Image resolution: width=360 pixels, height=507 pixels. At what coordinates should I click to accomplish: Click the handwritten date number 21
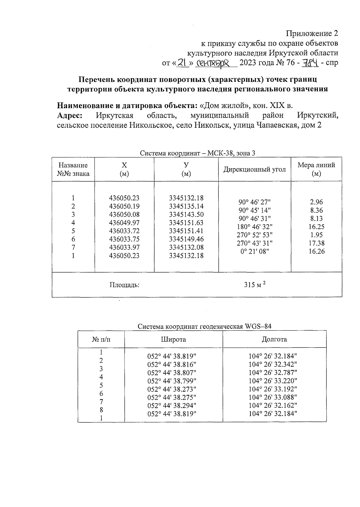pyautogui.click(x=182, y=62)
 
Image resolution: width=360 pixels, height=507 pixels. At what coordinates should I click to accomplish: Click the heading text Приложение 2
pyautogui.click(x=312, y=33)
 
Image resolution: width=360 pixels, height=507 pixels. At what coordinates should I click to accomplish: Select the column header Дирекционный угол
pyautogui.click(x=254, y=169)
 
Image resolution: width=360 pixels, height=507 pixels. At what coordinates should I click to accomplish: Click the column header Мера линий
pyautogui.click(x=316, y=169)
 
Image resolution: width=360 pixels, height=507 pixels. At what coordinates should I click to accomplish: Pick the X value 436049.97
pyautogui.click(x=124, y=223)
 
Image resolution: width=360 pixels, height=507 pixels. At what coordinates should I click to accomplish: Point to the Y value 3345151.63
pyautogui.click(x=186, y=223)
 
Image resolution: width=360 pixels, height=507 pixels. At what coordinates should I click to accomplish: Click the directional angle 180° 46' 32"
pyautogui.click(x=255, y=227)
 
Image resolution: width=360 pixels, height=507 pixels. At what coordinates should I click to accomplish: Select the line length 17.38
pyautogui.click(x=316, y=243)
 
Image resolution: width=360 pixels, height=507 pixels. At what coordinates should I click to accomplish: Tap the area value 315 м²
pyautogui.click(x=255, y=285)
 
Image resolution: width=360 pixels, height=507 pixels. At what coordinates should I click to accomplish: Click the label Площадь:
pyautogui.click(x=124, y=285)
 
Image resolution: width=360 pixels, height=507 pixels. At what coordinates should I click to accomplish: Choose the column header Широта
pyautogui.click(x=173, y=339)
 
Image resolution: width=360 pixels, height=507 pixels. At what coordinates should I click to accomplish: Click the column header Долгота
pyautogui.click(x=274, y=339)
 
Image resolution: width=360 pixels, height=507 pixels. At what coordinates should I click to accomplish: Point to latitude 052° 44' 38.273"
pyautogui.click(x=172, y=389)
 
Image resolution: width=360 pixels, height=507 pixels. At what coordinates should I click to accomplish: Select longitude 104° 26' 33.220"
pyautogui.click(x=273, y=381)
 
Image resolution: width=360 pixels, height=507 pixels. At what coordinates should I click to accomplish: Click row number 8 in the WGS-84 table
pyautogui.click(x=101, y=410)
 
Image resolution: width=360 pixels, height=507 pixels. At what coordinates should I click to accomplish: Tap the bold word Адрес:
pyautogui.click(x=70, y=115)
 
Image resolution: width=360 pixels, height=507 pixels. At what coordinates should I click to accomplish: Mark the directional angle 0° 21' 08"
pyautogui.click(x=255, y=251)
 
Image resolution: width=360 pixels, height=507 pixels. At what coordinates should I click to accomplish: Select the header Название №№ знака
pyautogui.click(x=73, y=169)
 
